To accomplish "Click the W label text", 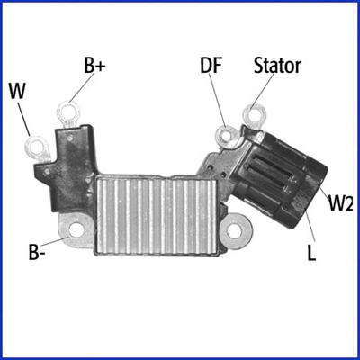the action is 17,91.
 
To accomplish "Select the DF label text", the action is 211,65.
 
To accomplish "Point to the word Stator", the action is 277,66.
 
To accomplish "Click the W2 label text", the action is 340,203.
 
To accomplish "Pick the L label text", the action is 311,254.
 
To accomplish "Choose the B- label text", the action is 37,253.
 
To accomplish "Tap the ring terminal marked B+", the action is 69,113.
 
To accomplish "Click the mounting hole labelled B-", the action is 76,230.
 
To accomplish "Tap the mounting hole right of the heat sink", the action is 235,230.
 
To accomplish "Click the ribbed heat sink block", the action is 156,215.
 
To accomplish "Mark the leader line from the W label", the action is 24,119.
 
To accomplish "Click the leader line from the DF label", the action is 217,100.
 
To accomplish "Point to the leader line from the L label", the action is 310,226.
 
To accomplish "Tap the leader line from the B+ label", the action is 81,87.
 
